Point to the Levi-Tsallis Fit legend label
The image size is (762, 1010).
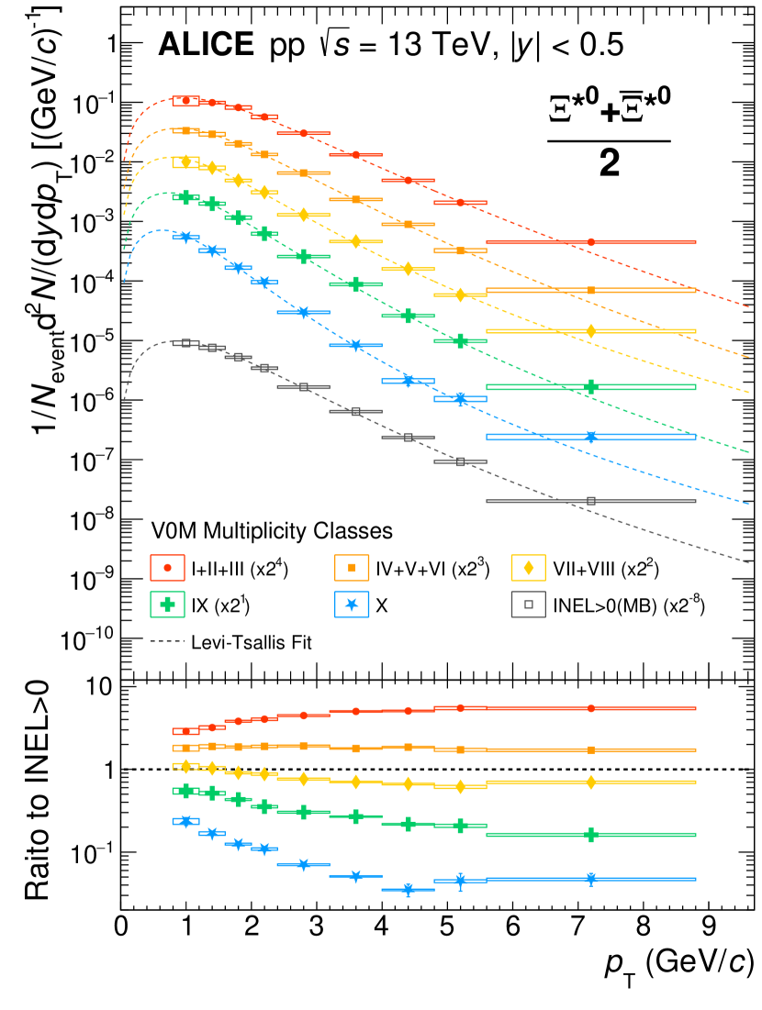[x=252, y=642]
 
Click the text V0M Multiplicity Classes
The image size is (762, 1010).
[x=272, y=530]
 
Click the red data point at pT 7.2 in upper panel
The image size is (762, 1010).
[x=591, y=242]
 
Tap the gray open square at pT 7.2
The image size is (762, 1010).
[x=591, y=501]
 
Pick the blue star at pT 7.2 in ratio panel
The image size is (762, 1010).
[x=591, y=879]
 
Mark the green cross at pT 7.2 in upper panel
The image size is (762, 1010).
[x=591, y=386]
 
